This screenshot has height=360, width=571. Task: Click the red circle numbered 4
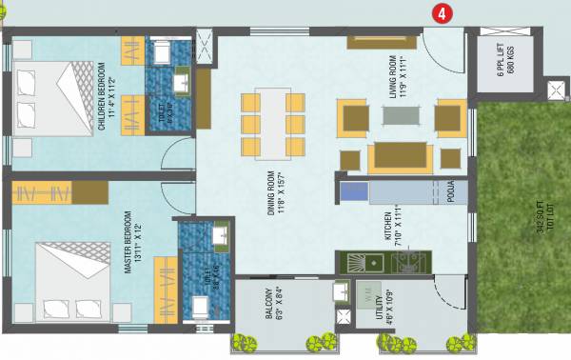point(440,13)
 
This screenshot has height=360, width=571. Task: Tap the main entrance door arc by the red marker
point(441,43)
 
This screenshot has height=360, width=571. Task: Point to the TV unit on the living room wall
point(381,40)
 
